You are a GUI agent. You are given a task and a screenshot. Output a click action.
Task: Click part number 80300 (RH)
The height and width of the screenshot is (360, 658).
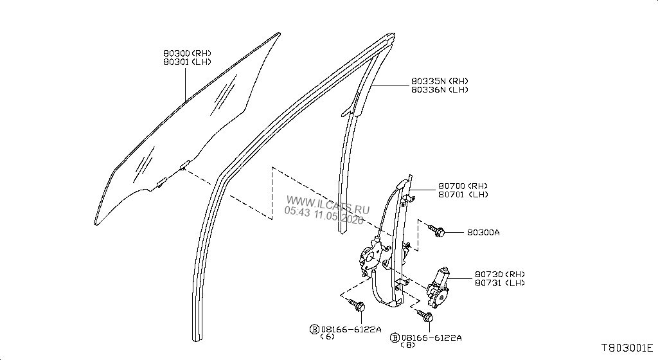pos(187,53)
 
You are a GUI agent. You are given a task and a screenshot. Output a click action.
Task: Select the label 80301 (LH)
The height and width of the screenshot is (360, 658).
pos(187,62)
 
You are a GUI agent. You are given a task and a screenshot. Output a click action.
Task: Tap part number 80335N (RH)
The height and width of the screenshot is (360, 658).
pos(440,81)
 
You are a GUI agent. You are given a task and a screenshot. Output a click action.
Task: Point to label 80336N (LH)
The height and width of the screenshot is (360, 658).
pos(440,89)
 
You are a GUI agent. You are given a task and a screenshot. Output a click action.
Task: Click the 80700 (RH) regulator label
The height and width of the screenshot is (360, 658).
pos(463,186)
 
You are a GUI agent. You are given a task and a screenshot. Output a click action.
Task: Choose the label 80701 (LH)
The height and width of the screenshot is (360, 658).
pos(463,194)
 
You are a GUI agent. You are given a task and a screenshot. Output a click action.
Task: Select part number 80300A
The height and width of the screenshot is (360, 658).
pos(483,232)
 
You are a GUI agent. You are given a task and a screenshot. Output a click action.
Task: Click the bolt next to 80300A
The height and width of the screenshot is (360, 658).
pos(436,230)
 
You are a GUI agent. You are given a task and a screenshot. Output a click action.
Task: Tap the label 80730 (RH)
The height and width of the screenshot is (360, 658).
pos(500,274)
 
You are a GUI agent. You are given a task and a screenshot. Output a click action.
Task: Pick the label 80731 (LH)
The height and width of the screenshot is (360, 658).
pos(500,283)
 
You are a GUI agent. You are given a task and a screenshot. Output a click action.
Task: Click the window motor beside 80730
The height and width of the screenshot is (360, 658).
pos(438,288)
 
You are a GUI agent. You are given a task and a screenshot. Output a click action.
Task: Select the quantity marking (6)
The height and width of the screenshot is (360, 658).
pos(327,336)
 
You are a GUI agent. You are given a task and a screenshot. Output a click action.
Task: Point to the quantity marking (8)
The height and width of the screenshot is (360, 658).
pos(408,345)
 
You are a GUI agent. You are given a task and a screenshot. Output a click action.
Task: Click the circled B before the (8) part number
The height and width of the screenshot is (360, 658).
pos(395,337)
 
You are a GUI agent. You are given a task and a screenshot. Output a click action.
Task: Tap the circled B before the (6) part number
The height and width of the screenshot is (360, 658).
pos(314,329)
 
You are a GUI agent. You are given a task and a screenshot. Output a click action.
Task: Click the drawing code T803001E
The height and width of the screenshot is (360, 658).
pos(627,348)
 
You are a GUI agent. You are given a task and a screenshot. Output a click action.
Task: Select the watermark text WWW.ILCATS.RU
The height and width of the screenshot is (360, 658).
pos(328,203)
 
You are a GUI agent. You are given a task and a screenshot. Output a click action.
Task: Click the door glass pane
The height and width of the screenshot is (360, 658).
pos(184,130)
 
